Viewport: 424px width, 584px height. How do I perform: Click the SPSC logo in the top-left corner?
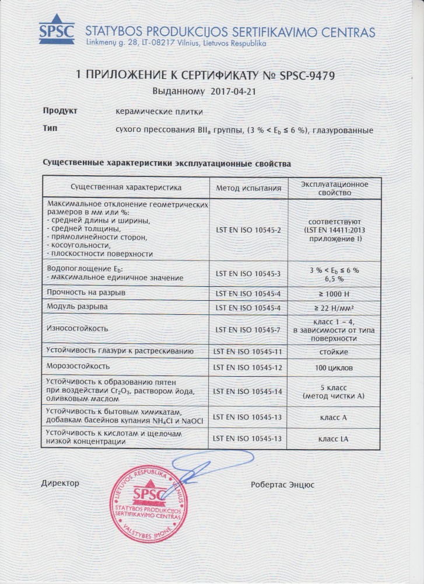[x=57, y=30]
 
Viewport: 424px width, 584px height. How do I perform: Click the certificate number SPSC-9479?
[x=304, y=75]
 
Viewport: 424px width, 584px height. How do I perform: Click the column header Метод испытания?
[x=248, y=188]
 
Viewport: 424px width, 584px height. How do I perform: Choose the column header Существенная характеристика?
[x=126, y=187]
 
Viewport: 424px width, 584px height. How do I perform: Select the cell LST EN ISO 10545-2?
[x=248, y=230]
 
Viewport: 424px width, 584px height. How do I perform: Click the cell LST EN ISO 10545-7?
[x=248, y=329]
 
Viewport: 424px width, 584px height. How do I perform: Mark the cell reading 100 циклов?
[x=335, y=368]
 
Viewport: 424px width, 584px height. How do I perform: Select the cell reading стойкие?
[x=335, y=352]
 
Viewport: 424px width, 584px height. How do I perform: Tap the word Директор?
[x=60, y=484]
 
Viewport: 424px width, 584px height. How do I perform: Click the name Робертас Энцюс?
[x=282, y=484]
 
